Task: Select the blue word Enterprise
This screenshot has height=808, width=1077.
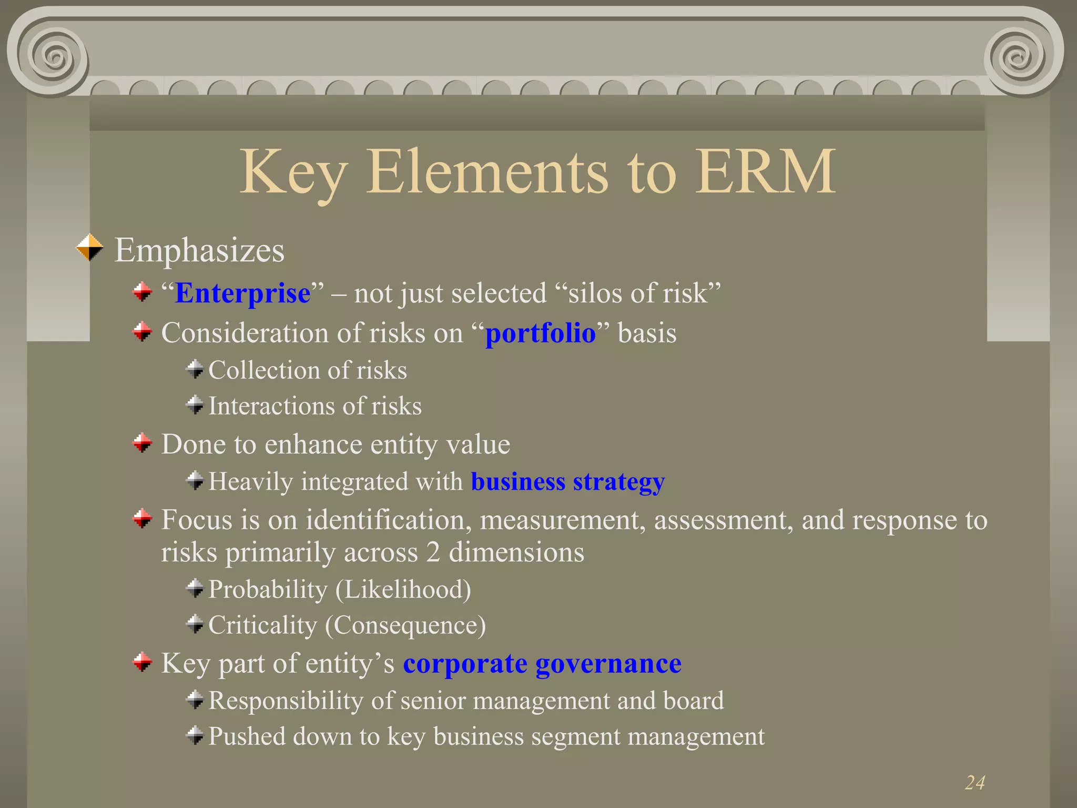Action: [x=242, y=293]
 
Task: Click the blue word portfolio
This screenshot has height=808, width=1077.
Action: [x=540, y=334]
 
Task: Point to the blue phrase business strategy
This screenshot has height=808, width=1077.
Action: [x=567, y=482]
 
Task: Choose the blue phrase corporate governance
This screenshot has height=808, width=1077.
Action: [x=542, y=663]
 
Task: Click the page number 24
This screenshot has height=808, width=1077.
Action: [x=974, y=783]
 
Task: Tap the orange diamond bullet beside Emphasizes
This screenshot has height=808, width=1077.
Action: [x=90, y=248]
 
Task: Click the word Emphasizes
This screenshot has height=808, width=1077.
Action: [x=199, y=250]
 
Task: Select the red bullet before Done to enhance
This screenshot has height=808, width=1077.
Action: [x=142, y=443]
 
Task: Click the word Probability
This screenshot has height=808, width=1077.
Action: [x=268, y=590]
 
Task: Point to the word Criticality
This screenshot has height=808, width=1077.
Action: [x=262, y=625]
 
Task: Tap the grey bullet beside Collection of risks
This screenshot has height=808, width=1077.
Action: [x=195, y=369]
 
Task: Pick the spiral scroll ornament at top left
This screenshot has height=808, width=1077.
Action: [x=53, y=55]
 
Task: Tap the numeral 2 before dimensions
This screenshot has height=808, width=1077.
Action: [x=433, y=553]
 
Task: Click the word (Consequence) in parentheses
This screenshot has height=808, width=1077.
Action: [x=405, y=625]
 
